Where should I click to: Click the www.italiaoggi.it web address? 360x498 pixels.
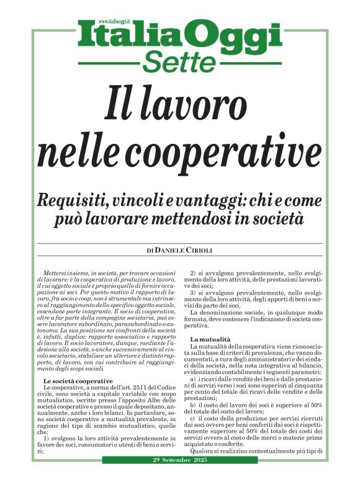pyautogui.click(x=101, y=22)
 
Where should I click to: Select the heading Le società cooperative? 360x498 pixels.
pyautogui.click(x=78, y=380)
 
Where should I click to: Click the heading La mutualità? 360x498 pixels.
pyautogui.click(x=210, y=339)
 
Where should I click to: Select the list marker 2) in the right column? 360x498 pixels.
pyautogui.click(x=193, y=273)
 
